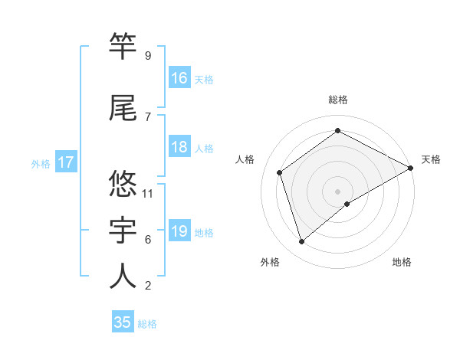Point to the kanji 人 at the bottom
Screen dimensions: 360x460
(x=123, y=276)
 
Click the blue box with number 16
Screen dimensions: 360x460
(x=179, y=78)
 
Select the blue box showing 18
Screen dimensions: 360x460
(x=179, y=148)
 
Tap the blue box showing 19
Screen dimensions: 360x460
(x=179, y=232)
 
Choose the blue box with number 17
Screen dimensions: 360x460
(x=65, y=162)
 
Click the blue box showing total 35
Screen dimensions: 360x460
(x=123, y=322)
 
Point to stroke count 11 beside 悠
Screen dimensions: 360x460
(x=149, y=194)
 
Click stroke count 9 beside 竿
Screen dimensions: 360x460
(x=148, y=56)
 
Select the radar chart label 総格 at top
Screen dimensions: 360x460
(x=338, y=100)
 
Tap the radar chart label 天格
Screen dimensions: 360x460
(x=431, y=159)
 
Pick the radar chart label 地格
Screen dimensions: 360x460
(x=402, y=262)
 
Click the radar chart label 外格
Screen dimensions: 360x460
(x=270, y=262)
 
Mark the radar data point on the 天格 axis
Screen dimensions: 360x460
(x=411, y=168)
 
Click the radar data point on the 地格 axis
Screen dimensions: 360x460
(x=347, y=204)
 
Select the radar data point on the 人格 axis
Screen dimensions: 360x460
(x=280, y=172)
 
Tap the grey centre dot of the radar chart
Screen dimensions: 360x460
(x=337, y=191)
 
